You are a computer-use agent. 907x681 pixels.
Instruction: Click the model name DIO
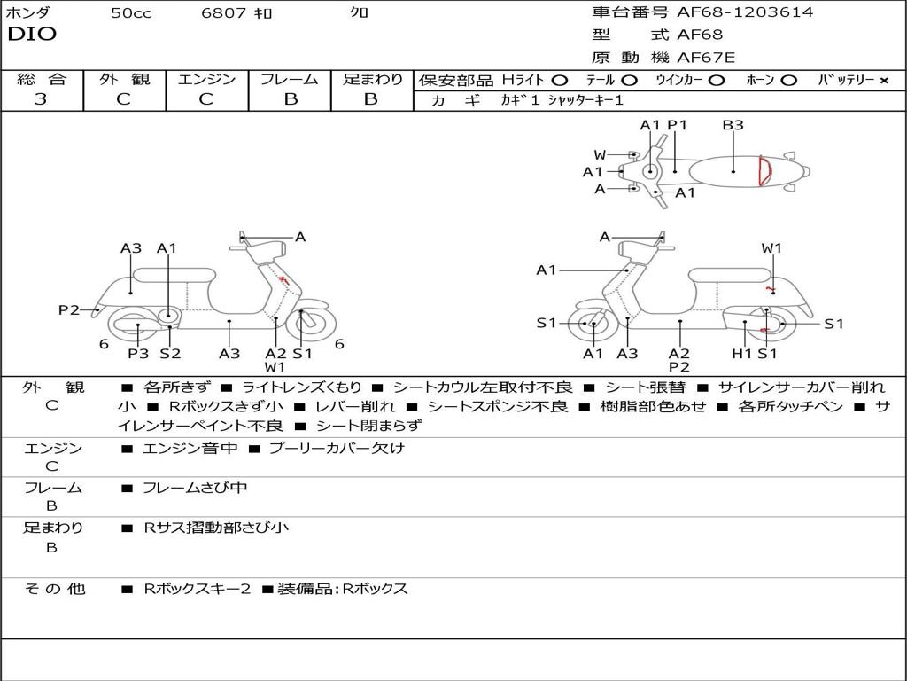point(32,35)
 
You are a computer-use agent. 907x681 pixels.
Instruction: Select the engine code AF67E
point(706,59)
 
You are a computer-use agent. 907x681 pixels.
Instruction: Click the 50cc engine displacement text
point(129,13)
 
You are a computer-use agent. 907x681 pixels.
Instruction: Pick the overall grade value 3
point(41,99)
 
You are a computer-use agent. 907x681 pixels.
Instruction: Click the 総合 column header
point(42,80)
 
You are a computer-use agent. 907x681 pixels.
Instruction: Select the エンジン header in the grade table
point(206,80)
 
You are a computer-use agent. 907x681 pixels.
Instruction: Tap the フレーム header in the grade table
point(290,80)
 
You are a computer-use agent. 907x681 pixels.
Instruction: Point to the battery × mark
point(883,81)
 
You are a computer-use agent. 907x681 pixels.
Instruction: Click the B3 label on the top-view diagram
point(733,125)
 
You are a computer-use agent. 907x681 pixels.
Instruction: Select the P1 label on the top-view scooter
point(678,125)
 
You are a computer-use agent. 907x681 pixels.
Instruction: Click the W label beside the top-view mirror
point(600,155)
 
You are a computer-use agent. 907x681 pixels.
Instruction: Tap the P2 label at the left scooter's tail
point(69,309)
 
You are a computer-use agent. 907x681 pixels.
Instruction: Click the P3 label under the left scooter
point(137,354)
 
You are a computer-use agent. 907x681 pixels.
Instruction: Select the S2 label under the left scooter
point(170,354)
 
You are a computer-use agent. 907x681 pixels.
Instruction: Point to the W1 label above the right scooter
point(771,248)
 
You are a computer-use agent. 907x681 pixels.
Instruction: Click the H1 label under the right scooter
point(741,354)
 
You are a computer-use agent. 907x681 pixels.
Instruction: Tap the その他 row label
point(54,589)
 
